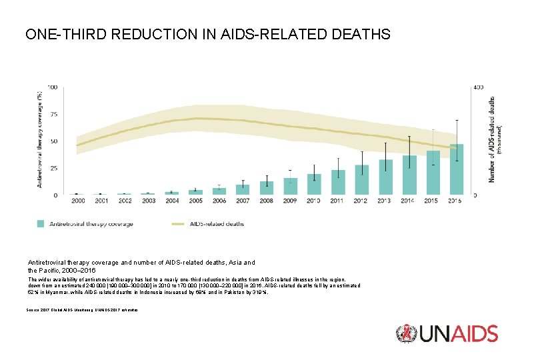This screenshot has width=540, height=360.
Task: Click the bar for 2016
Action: coord(457,170)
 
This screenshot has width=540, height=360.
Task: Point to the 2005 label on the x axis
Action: coord(195,201)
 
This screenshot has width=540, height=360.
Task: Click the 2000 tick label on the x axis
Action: coord(77,201)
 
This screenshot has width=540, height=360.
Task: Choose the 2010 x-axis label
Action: coord(314,201)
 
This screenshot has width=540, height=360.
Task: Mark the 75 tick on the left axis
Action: coord(52,114)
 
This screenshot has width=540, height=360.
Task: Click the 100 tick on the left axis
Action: coord(51,87)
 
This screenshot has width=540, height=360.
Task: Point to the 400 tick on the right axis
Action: coord(479,87)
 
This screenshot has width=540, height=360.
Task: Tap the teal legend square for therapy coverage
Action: coord(41,224)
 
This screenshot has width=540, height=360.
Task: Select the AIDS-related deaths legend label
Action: coord(216,224)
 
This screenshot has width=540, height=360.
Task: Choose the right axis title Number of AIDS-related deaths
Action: coord(494,139)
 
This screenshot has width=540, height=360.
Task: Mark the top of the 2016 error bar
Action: coord(457,120)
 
